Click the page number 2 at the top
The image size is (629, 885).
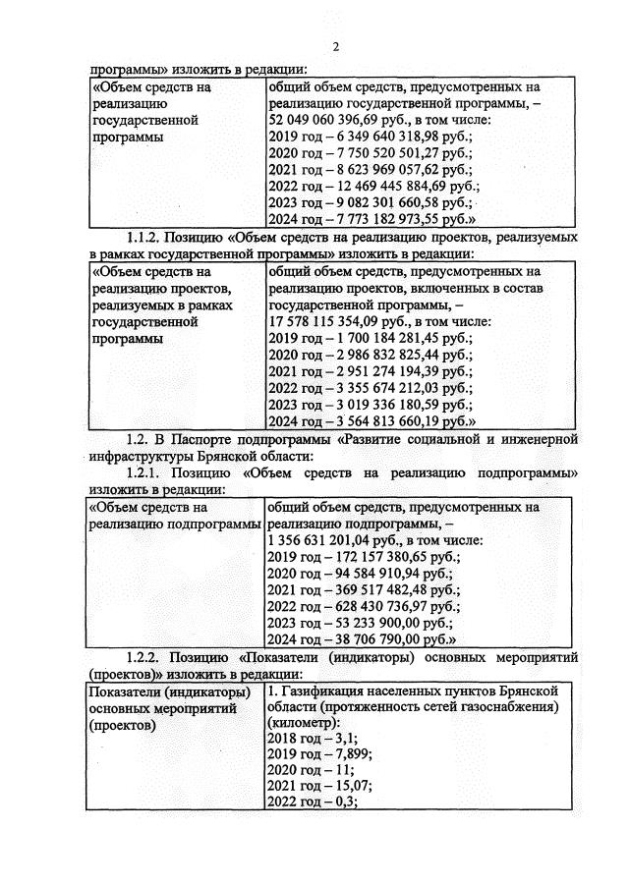pos(335,46)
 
